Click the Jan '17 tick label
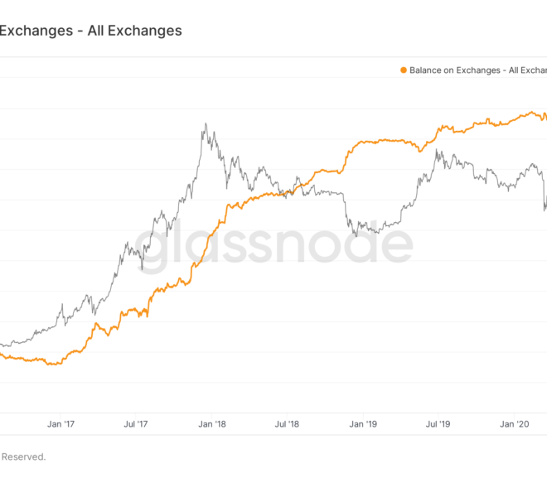point(61,424)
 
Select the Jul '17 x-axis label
point(136,424)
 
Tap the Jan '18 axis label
point(212,424)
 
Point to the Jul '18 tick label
point(287,424)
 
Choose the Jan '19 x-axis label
point(363,424)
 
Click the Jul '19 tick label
point(438,424)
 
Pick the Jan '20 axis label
point(514,424)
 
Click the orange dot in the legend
point(404,70)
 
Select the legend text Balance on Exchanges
point(455,70)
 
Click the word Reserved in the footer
point(23,456)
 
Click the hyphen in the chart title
point(80,31)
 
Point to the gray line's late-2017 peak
point(206,123)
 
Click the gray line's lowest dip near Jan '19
point(356,236)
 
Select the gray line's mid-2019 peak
point(436,150)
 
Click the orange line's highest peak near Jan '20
point(531,112)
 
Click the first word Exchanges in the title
point(36,31)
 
